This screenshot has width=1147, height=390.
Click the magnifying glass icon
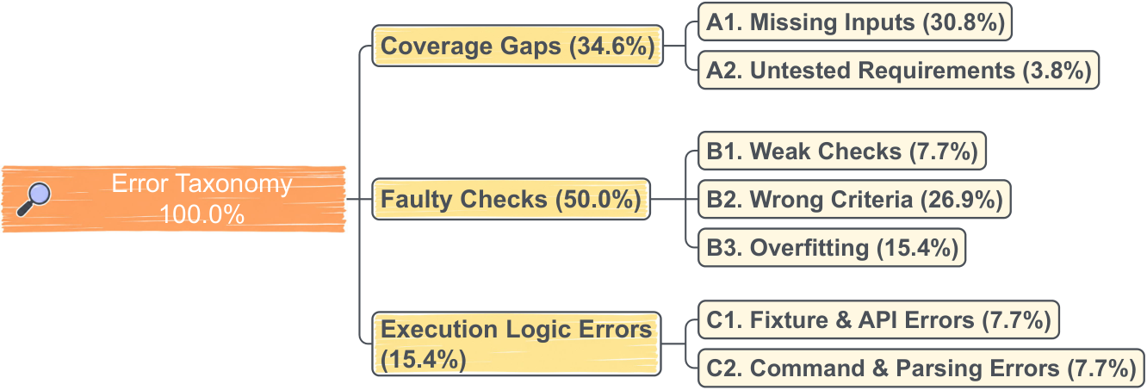(x=34, y=199)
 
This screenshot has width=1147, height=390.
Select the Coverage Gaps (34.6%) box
(x=518, y=46)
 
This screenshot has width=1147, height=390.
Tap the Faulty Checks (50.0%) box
(x=511, y=199)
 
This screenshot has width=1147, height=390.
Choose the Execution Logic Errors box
(x=516, y=344)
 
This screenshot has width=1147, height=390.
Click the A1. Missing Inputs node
(x=855, y=22)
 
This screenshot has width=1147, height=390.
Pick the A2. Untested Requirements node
(x=899, y=70)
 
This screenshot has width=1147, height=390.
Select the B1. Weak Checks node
(x=842, y=151)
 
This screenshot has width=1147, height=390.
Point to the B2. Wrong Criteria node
(x=854, y=199)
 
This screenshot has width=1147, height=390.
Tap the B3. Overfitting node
(x=832, y=248)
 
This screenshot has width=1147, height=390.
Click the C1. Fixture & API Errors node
(x=878, y=320)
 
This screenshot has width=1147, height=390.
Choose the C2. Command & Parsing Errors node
(x=921, y=368)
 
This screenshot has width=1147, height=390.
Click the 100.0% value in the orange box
(x=201, y=214)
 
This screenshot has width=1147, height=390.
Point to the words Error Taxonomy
(x=201, y=183)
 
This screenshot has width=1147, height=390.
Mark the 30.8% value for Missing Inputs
(x=964, y=22)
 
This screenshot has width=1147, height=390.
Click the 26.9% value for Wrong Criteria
(x=961, y=200)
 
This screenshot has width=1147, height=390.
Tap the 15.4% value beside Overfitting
(x=917, y=248)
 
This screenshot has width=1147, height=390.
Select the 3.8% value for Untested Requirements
(x=1057, y=71)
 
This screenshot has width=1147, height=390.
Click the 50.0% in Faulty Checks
(x=598, y=200)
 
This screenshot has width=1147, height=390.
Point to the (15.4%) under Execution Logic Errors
(x=423, y=359)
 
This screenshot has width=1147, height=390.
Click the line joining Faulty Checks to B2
(x=674, y=199)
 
